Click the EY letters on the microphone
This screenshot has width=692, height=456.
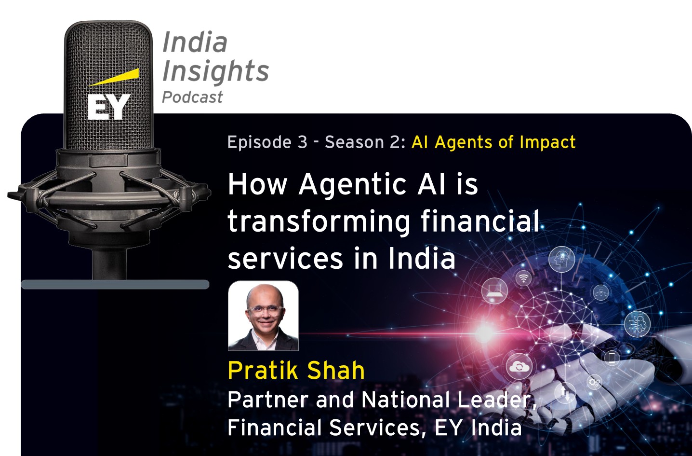pyautogui.click(x=108, y=107)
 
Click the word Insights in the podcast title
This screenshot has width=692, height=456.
pyautogui.click(x=215, y=71)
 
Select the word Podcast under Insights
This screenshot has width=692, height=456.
pyautogui.click(x=192, y=97)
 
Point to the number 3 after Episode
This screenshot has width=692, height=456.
pyautogui.click(x=302, y=142)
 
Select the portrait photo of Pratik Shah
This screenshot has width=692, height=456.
pyautogui.click(x=263, y=316)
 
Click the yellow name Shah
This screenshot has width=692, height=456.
pyautogui.click(x=335, y=371)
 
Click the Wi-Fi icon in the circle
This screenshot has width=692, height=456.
pyautogui.click(x=523, y=277)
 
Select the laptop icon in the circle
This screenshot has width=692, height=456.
pyautogui.click(x=494, y=291)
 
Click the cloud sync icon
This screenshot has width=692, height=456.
pyautogui.click(x=519, y=367)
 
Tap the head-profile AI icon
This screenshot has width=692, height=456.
pyautogui.click(x=561, y=259)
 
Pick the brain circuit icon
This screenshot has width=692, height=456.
pyautogui.click(x=637, y=323)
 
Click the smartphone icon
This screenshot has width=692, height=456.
pyautogui.click(x=612, y=358)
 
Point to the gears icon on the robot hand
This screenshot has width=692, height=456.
pyautogui.click(x=594, y=383)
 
